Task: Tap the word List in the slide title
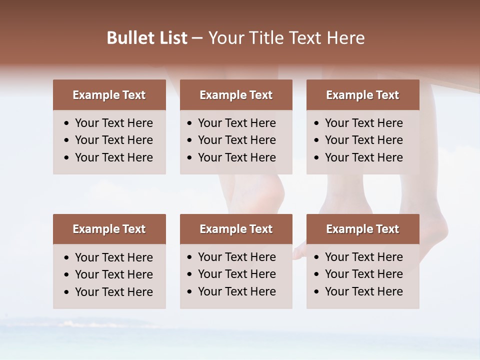coord(172,38)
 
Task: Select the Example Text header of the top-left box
coord(109,95)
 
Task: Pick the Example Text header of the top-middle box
coord(236,95)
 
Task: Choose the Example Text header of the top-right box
coord(362,95)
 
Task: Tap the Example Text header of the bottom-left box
coord(109,229)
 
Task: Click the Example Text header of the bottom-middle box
coord(236,229)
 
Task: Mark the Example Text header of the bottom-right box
coord(362,229)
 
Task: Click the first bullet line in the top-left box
coord(113,123)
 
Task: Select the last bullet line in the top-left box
coord(113,157)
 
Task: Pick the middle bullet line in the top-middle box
coord(236,140)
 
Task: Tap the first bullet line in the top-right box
coord(363,123)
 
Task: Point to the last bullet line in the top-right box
coord(363,157)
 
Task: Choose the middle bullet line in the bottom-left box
coord(113,274)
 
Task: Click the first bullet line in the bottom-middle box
coord(236,257)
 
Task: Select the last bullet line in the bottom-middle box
coord(236,291)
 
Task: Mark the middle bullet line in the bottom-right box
coord(363,274)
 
